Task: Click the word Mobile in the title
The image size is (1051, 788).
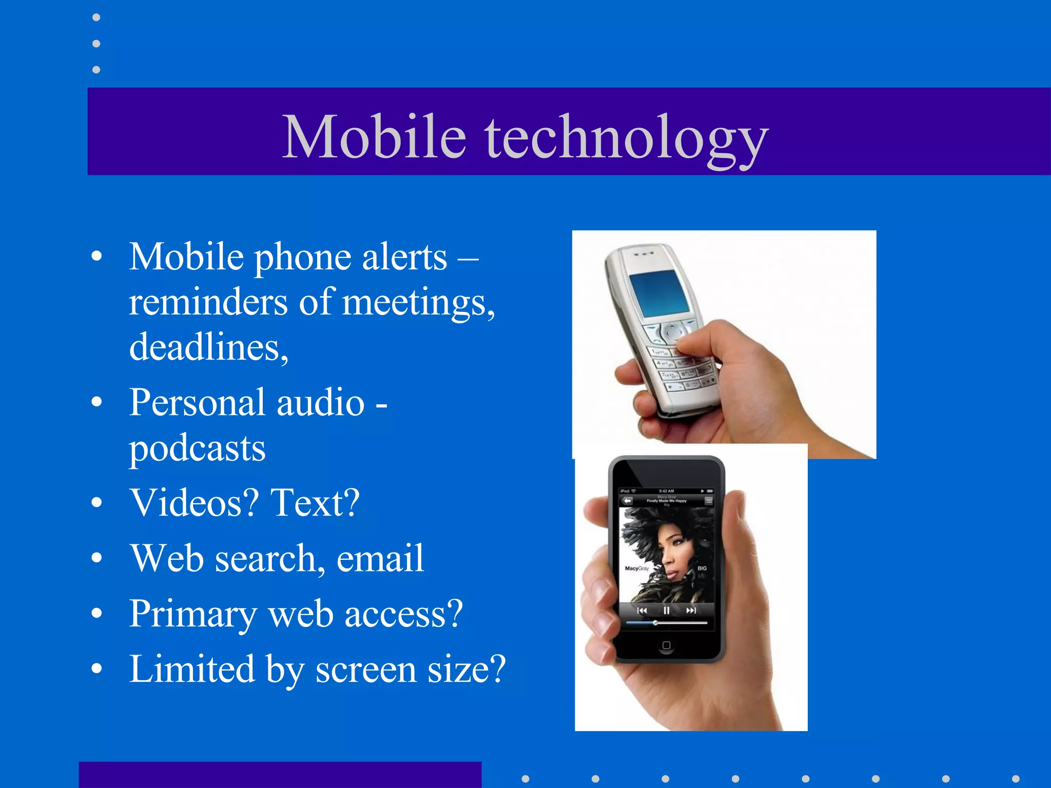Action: pos(374,136)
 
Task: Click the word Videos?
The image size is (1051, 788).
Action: pos(194,503)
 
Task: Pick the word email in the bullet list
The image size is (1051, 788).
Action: pos(380,558)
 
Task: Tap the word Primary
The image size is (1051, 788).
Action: pos(193,614)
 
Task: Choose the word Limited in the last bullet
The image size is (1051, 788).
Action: pos(192,669)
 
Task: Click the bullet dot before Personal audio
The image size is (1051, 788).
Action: pos(96,402)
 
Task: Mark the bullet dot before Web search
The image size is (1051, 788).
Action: pos(96,558)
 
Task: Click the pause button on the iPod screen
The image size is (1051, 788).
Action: pos(666,610)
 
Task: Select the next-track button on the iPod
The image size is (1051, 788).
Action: pos(691,610)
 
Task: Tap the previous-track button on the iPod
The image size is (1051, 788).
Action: pos(641,610)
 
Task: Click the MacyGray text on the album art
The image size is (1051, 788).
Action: pos(636,568)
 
